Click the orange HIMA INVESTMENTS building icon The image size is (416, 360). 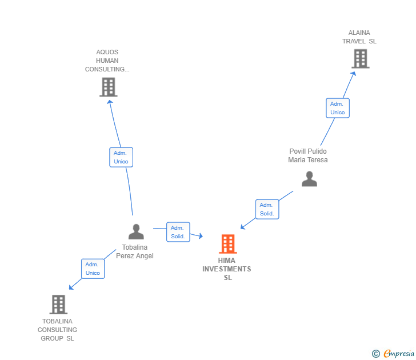pyautogui.click(x=228, y=244)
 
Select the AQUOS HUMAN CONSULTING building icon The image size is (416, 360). pyautogui.click(x=108, y=87)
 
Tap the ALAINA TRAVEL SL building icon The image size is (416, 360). pyautogui.click(x=360, y=58)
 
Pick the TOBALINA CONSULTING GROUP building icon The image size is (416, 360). pyautogui.click(x=58, y=305)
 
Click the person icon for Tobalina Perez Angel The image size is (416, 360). pyautogui.click(x=136, y=231)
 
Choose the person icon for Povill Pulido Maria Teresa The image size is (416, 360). pyautogui.click(x=309, y=179)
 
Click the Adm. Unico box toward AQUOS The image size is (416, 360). pyautogui.click(x=121, y=157)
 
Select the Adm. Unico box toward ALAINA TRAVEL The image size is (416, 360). pyautogui.click(x=338, y=108)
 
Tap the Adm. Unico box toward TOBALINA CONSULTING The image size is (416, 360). pyautogui.click(x=93, y=269)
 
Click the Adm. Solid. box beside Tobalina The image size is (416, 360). pyautogui.click(x=178, y=232)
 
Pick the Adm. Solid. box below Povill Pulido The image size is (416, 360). pyautogui.click(x=267, y=209)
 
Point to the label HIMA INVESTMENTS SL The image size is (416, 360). pyautogui.click(x=227, y=269)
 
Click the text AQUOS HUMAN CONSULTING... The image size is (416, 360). pyautogui.click(x=107, y=61)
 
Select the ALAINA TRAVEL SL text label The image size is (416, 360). pyautogui.click(x=359, y=37)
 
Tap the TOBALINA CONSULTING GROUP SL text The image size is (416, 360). pyautogui.click(x=57, y=330)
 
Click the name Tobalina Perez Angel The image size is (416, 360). pyautogui.click(x=135, y=251)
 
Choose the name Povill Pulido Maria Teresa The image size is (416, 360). pyautogui.click(x=308, y=155)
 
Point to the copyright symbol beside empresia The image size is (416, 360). pyautogui.click(x=375, y=354)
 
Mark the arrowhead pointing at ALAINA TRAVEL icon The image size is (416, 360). pyautogui.click(x=354, y=73)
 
